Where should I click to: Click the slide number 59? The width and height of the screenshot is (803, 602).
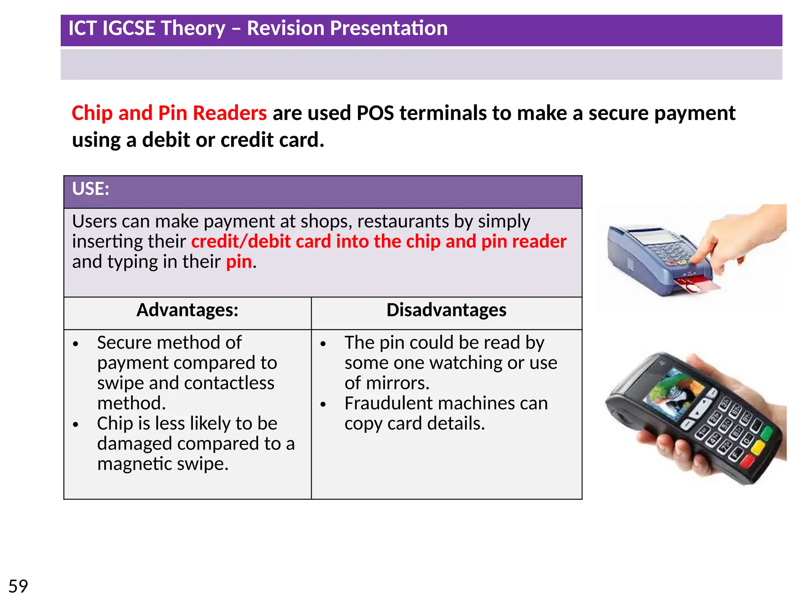(18, 586)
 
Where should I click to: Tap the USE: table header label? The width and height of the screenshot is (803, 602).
(91, 189)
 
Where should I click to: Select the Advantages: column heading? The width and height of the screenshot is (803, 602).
(187, 310)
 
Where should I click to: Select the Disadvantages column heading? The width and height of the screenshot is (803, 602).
(446, 310)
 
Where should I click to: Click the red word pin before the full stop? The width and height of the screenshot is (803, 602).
(239, 262)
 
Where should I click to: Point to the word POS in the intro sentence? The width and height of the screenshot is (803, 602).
(375, 113)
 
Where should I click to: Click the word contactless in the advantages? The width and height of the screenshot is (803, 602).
(243, 383)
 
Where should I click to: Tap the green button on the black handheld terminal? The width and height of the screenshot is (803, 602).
(765, 433)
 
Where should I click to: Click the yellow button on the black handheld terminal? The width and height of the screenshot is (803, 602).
(757, 448)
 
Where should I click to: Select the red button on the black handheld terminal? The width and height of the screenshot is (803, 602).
(747, 462)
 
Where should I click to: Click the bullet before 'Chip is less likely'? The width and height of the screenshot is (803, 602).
(76, 424)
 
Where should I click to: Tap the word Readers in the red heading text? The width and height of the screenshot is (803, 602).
(230, 113)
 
